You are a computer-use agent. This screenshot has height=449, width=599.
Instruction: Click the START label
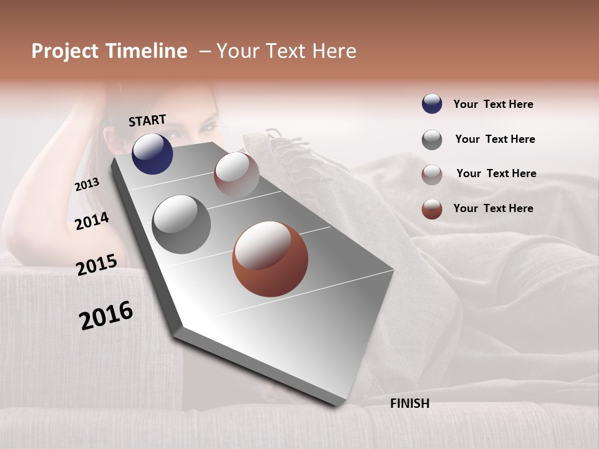click(x=147, y=120)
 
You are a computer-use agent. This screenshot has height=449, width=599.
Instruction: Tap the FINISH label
click(x=409, y=403)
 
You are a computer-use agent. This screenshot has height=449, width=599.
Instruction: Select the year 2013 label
click(x=87, y=185)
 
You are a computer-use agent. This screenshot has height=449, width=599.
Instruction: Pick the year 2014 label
click(x=92, y=221)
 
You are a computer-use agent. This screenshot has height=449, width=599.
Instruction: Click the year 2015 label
click(x=96, y=265)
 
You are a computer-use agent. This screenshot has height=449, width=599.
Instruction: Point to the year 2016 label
click(x=106, y=316)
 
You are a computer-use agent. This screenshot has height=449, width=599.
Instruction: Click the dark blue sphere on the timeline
click(x=152, y=153)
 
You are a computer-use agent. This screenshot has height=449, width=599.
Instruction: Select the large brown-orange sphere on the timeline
click(x=270, y=259)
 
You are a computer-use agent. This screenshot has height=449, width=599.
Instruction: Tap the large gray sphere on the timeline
click(x=182, y=224)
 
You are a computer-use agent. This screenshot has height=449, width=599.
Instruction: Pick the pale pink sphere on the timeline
click(x=236, y=175)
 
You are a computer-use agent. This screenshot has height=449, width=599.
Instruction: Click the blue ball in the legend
click(x=432, y=104)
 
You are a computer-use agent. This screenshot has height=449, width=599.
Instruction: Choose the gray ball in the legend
click(x=432, y=140)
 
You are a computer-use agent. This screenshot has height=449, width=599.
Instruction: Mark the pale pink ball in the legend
click(x=432, y=174)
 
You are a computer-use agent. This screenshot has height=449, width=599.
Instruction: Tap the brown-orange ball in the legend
click(x=432, y=209)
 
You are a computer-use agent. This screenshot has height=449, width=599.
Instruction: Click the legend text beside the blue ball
click(x=493, y=104)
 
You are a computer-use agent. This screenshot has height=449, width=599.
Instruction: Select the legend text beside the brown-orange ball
click(x=493, y=208)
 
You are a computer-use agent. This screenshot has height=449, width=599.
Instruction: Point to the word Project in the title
click(x=64, y=51)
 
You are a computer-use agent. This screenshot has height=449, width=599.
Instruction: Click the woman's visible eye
click(x=206, y=128)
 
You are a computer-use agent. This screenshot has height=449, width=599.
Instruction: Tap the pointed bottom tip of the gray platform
click(x=337, y=404)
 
